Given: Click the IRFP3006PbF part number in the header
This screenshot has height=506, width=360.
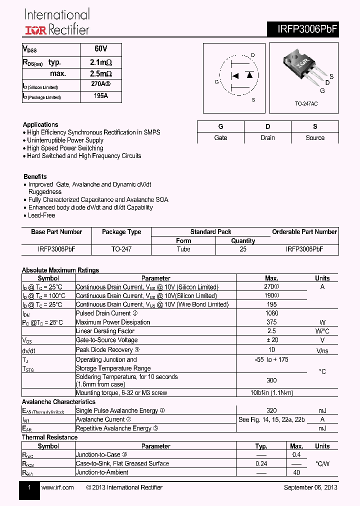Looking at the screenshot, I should [307, 29].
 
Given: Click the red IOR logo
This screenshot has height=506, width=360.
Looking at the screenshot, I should [35, 30].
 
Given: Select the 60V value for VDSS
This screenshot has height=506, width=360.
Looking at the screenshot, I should [100, 49].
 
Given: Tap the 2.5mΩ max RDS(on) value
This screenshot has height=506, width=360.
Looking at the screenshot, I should [100, 73].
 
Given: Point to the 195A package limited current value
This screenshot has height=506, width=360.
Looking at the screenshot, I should [100, 95].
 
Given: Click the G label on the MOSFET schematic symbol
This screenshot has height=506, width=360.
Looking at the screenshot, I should [216, 82].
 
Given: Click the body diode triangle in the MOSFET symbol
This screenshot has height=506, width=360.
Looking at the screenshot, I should [248, 76].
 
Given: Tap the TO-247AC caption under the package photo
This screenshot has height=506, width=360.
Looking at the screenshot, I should [306, 103].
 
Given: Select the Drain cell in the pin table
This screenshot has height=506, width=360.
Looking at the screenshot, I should [267, 137].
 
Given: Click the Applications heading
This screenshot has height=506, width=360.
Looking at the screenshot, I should [40, 124].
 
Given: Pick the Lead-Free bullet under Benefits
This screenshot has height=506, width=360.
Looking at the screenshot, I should [41, 215].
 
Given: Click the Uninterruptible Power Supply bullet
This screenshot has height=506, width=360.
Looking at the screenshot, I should [65, 140].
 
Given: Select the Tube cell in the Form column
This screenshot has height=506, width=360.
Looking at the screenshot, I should [183, 249].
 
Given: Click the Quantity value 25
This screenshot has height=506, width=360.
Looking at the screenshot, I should [243, 249].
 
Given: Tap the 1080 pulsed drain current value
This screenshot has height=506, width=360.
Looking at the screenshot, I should [272, 313].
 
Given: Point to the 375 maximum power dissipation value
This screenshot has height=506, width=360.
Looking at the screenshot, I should [272, 322].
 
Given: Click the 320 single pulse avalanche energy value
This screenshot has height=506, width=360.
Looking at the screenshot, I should [272, 410].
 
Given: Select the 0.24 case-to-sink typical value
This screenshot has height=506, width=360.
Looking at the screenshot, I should [261, 463].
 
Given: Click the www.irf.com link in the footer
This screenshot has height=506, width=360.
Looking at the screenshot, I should [57, 487].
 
